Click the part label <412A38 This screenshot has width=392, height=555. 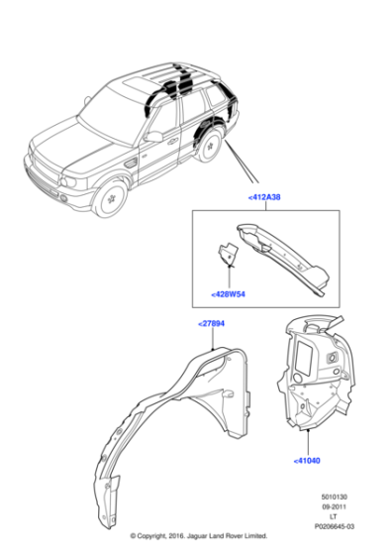click(261, 197)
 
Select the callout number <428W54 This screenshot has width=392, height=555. click(229, 294)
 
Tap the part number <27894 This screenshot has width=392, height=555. click(211, 324)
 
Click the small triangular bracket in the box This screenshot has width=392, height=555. click(227, 257)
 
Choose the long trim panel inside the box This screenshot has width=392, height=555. click(281, 255)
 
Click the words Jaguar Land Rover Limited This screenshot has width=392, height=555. click(244, 545)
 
